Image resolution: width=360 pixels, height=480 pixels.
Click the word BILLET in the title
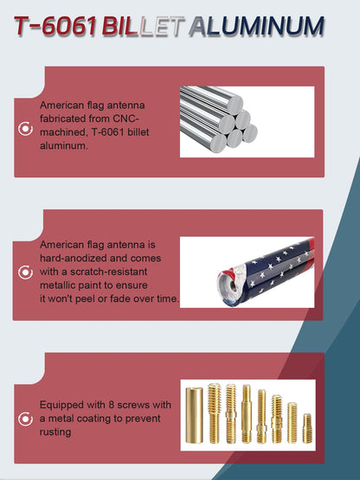point(143,26)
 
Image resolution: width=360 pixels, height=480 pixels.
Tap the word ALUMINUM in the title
point(256,26)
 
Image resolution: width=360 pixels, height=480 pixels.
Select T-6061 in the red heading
point(55,26)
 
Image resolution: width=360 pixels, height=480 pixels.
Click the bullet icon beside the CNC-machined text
point(25,129)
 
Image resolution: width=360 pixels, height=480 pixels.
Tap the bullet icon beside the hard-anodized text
point(25,272)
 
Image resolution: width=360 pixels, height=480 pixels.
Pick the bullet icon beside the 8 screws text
point(25,419)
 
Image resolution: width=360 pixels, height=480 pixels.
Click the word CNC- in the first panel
point(125,118)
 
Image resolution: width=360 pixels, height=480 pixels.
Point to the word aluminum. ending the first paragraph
point(64,145)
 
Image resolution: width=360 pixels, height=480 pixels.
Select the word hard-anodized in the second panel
point(74,258)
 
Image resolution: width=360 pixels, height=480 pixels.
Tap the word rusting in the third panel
point(55,432)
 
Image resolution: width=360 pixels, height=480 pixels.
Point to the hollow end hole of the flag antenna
point(233,286)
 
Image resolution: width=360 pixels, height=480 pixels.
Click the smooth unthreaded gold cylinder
point(194,415)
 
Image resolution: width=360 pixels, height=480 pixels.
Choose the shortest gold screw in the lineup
point(307,428)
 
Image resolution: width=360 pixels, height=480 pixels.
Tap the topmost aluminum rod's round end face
point(235,104)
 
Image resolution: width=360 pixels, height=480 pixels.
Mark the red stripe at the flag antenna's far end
point(312,244)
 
